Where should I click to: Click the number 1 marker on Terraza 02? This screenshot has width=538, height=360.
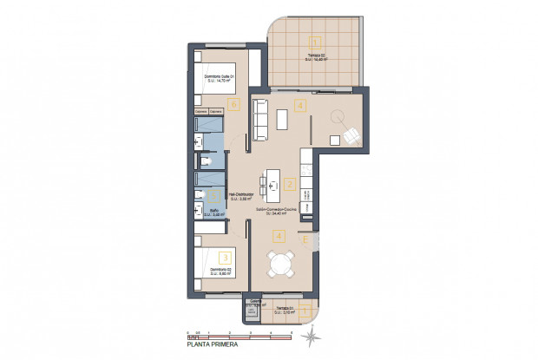[x=316, y=41]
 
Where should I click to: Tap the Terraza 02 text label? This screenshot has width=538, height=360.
[x=316, y=57]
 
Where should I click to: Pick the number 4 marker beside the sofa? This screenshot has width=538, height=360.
[x=299, y=106]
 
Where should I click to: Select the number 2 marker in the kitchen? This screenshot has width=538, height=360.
[x=290, y=184]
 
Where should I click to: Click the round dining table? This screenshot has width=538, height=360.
[x=280, y=262]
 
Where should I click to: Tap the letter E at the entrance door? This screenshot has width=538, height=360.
[x=305, y=239]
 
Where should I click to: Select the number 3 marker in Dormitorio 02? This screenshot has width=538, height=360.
[x=225, y=257]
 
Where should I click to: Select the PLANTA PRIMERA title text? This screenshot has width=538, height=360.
[x=210, y=344]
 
